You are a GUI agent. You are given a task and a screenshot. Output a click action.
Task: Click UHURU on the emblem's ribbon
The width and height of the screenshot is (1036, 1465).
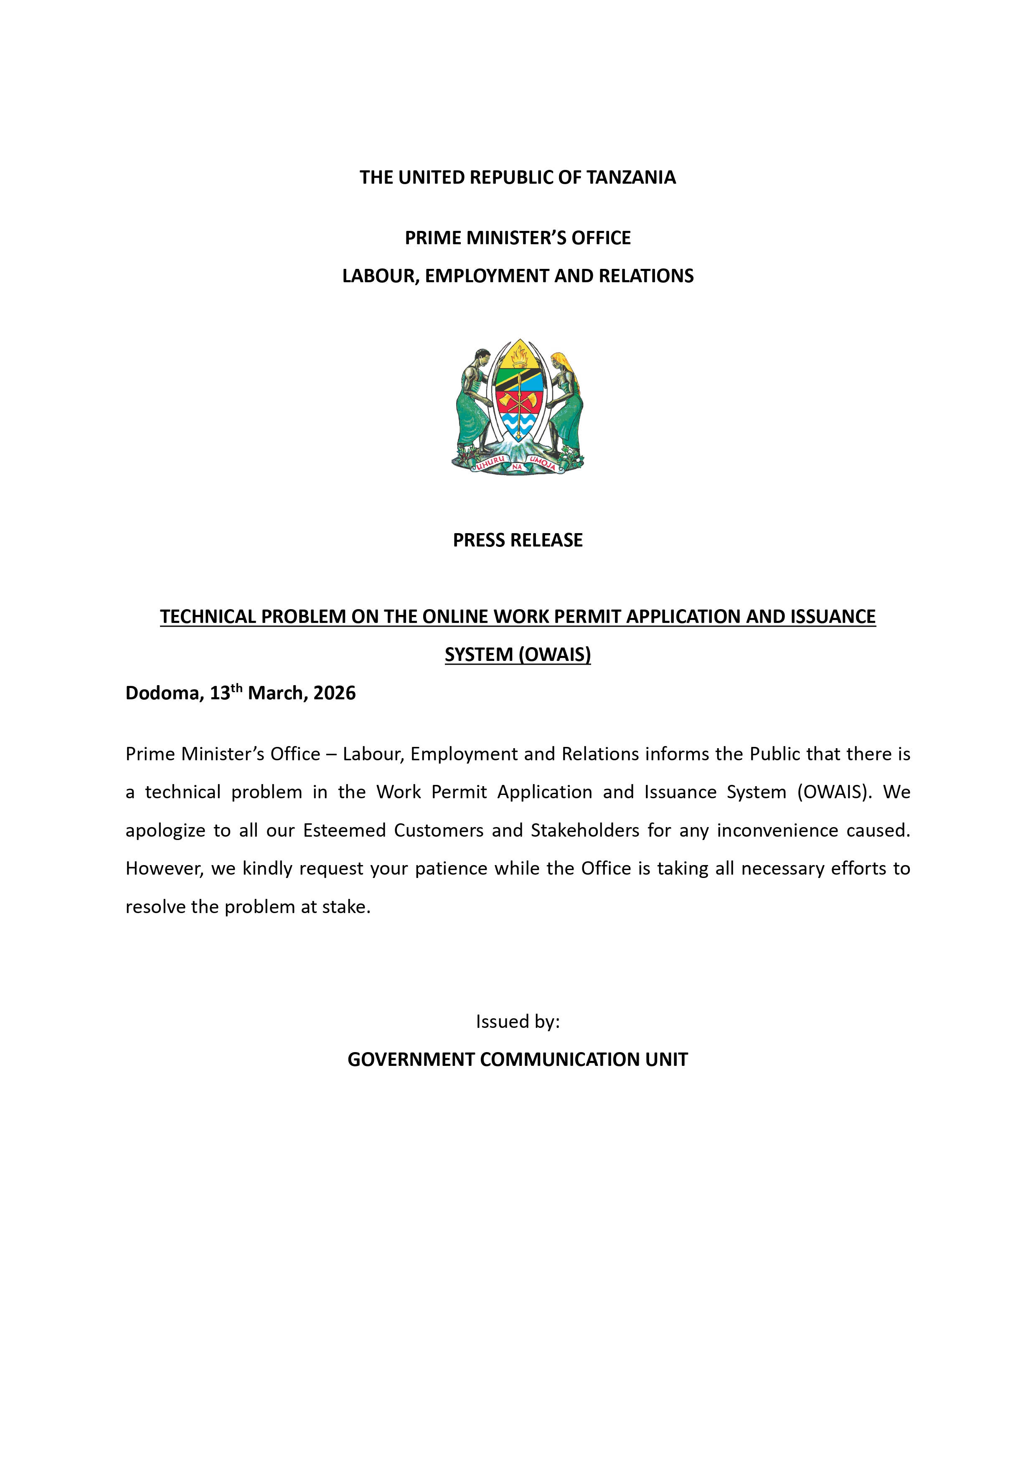490,463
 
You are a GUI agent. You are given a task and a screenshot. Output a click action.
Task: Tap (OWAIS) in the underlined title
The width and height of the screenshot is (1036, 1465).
555,655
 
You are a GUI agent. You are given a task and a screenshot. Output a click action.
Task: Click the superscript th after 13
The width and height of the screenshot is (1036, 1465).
236,688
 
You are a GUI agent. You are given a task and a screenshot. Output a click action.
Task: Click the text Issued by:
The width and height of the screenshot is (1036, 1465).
518,1022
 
